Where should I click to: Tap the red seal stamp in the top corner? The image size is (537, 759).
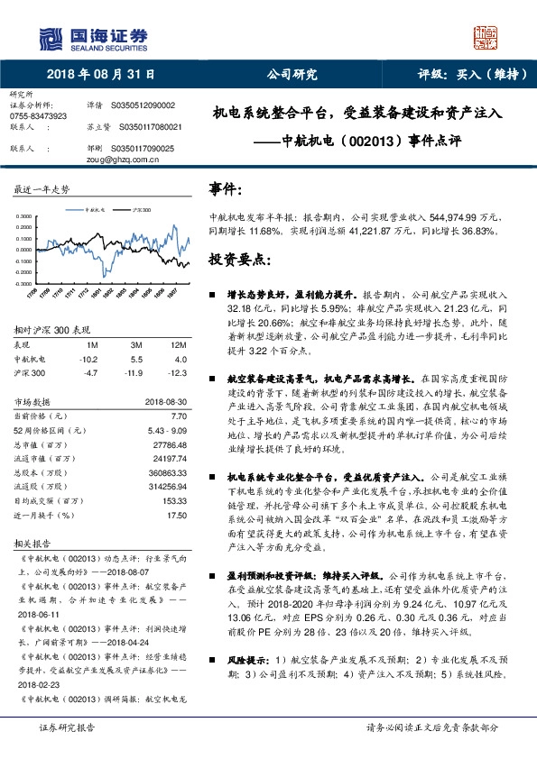point(486,36)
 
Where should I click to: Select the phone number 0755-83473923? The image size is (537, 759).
point(38,116)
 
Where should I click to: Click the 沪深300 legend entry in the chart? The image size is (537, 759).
point(134,208)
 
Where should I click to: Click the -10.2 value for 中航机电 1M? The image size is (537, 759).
point(88,359)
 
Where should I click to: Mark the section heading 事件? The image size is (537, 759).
point(226,190)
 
